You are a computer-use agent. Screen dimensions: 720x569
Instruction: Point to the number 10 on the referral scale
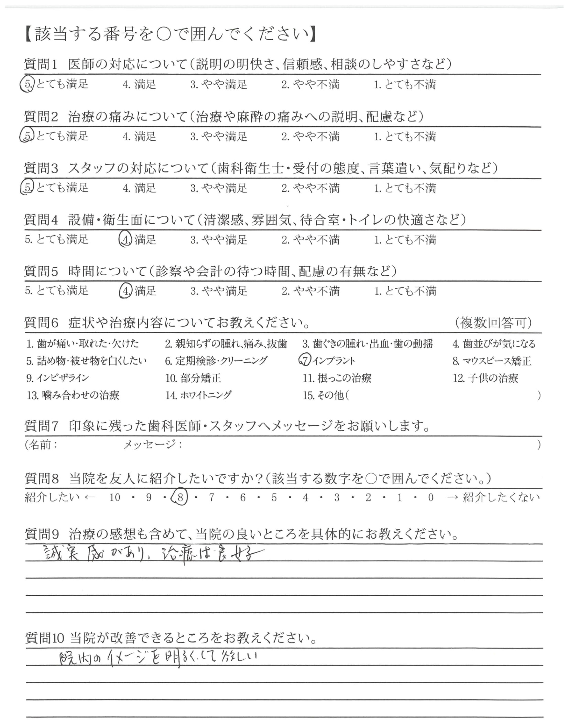[x=115, y=497]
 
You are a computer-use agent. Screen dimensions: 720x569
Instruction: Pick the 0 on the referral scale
[x=431, y=497]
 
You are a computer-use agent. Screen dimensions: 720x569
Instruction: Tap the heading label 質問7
[x=42, y=426]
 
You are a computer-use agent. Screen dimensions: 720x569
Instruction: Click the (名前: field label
[x=42, y=444]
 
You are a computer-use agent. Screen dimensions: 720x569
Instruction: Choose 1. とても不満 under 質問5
[x=405, y=291]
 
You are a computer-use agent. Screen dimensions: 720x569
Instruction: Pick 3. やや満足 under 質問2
[x=219, y=136]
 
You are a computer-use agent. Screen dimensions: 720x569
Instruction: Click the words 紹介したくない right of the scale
[x=501, y=497]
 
